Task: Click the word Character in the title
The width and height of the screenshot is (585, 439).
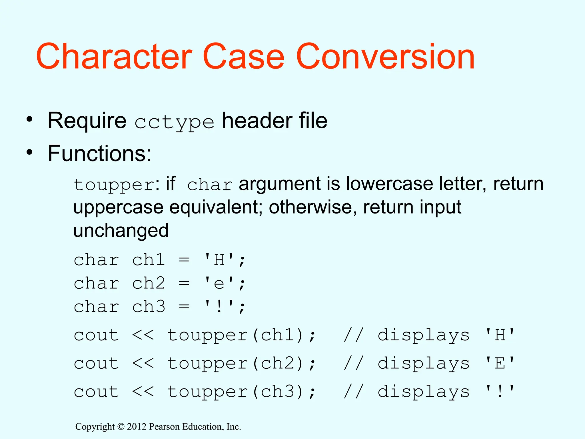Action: click(114, 56)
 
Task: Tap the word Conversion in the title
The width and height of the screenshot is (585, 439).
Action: click(385, 56)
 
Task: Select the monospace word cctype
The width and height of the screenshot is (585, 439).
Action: click(174, 122)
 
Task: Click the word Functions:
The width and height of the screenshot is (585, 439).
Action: click(99, 153)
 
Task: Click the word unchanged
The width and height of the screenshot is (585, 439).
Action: click(121, 230)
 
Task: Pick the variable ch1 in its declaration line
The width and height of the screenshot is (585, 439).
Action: click(149, 260)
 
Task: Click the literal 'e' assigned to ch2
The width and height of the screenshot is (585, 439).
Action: click(219, 284)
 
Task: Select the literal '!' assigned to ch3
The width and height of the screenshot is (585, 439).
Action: click(219, 307)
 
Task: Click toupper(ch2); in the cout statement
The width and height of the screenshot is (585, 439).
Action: click(242, 364)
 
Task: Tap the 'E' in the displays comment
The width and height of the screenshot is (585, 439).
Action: click(500, 364)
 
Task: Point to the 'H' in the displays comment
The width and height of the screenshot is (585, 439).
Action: click(500, 335)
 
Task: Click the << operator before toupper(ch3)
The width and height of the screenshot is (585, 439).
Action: click(143, 392)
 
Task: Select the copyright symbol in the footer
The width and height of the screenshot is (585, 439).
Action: click(121, 427)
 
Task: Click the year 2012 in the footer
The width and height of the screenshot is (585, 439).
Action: click(137, 427)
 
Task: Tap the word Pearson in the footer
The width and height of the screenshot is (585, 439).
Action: click(164, 427)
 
